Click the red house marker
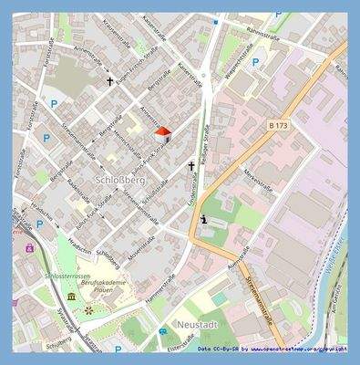click(162, 134)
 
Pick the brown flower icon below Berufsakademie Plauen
click(88, 310)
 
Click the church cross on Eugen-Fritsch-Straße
click(111, 81)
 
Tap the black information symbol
click(203, 219)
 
